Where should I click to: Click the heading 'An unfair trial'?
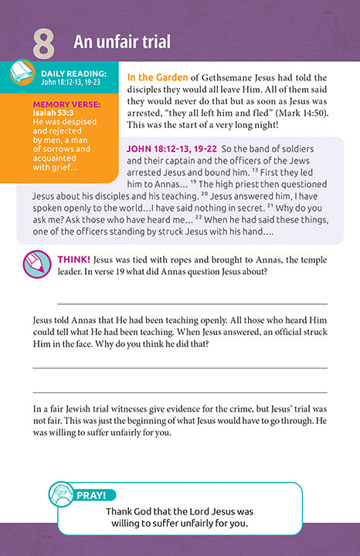pyautogui.click(x=122, y=42)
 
